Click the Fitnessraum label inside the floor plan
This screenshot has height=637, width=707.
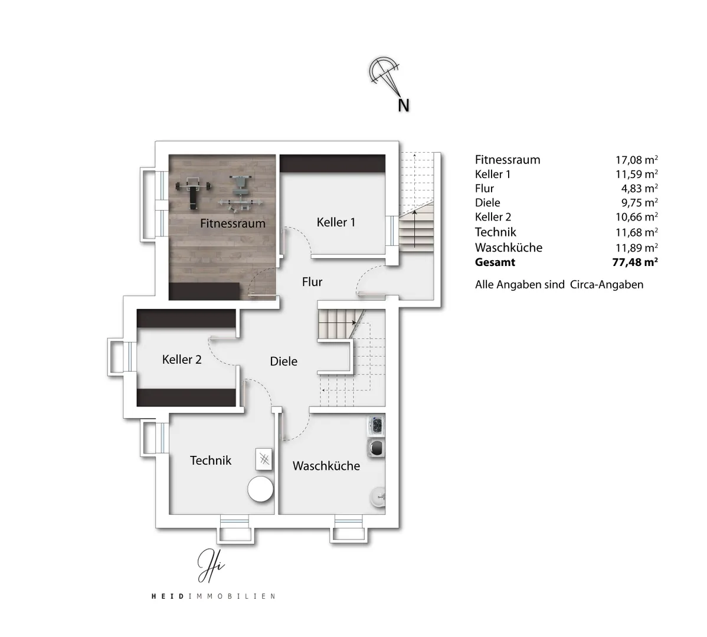(233, 224)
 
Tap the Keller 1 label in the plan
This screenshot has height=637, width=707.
(336, 222)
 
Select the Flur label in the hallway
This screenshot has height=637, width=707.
(312, 282)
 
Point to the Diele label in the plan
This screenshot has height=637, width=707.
(284, 362)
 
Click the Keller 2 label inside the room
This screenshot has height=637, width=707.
(182, 360)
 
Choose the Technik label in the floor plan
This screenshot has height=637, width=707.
(211, 461)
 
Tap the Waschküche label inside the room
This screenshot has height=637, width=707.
(326, 466)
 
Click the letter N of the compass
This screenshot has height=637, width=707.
(404, 106)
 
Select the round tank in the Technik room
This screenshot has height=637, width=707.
(261, 489)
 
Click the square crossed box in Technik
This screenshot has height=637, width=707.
(264, 459)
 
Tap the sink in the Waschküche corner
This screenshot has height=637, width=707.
(378, 497)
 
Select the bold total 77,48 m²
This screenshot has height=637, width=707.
(635, 262)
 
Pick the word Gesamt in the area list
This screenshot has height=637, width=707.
(495, 262)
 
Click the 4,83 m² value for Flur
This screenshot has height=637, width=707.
(639, 188)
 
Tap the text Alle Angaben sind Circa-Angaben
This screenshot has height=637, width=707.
(559, 285)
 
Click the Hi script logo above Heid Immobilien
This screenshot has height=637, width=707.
(211, 566)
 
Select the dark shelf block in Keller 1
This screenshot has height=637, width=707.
(333, 163)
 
